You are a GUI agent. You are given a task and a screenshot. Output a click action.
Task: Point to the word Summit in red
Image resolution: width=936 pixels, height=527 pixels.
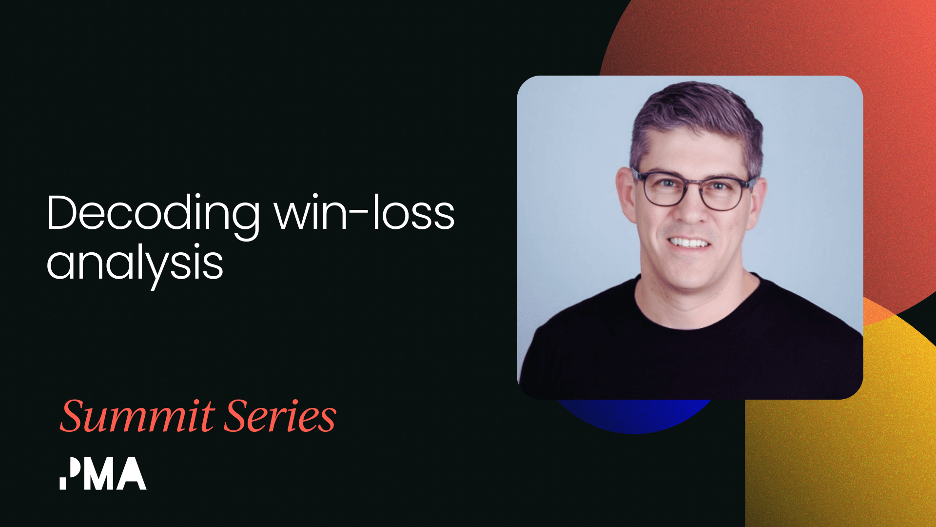click(x=137, y=417)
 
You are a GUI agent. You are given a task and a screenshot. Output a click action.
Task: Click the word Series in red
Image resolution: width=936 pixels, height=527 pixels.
click(x=281, y=417)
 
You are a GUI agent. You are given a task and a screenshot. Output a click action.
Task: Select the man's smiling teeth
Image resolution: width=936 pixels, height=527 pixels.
click(x=689, y=243)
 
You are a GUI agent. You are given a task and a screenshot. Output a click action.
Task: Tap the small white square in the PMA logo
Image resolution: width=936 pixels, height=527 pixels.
click(x=63, y=483)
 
